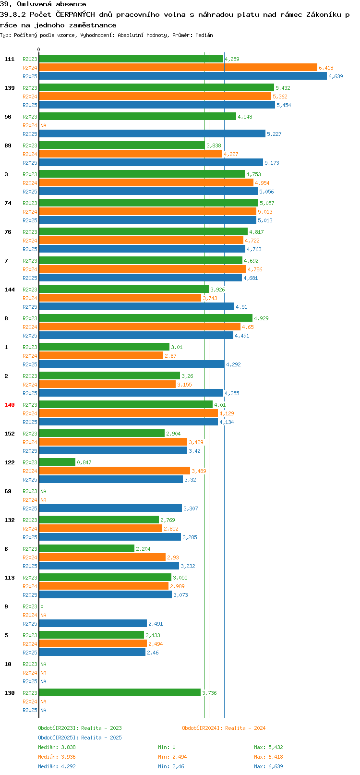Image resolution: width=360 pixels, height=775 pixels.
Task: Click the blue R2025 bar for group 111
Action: pos(183,76)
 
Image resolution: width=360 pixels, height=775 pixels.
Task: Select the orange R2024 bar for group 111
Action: pos(178,68)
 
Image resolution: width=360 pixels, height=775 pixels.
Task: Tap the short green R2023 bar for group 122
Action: pos(57,462)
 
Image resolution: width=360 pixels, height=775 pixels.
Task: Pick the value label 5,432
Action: pos(283,88)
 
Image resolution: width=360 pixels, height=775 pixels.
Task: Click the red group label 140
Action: pos(9,405)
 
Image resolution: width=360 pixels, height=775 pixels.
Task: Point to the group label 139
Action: pos(9,88)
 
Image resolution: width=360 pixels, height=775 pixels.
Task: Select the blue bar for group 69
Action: pos(110,508)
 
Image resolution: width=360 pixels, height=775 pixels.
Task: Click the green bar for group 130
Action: pos(120,693)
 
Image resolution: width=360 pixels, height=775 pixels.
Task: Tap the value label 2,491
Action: pos(156,624)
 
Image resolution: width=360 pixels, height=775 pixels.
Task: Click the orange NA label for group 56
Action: pos(43,125)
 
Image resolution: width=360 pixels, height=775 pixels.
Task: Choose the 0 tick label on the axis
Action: pos(38,49)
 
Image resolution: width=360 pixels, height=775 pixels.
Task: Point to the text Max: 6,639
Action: pos(268,766)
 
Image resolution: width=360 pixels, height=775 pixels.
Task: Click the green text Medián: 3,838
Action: pos(57,747)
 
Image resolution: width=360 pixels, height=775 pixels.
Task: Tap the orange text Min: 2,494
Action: pos(172,757)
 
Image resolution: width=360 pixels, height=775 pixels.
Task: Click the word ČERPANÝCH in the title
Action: pos(75,14)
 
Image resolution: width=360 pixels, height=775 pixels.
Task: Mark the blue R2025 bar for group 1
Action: pos(132,364)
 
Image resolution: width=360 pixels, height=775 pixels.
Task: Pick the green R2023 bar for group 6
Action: pos(86,548)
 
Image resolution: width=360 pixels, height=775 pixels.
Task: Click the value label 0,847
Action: pos(84,462)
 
